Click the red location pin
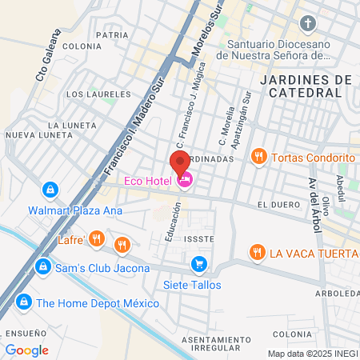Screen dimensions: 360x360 coord(180,162)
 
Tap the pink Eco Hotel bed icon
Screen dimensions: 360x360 coord(186,182)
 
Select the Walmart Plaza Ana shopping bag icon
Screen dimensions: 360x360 coord(50,190)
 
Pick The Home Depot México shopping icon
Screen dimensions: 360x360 coord(24,302)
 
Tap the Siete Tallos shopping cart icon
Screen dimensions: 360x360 coord(198,264)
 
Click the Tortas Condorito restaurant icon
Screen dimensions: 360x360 coord(258,157)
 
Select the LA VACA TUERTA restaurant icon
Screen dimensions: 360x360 coord(256,253)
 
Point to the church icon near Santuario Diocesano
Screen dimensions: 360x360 coord(309,24)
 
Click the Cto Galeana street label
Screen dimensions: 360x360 coord(48,56)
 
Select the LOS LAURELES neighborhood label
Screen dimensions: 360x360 coord(88,94)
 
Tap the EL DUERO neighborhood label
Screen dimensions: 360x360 coord(278,205)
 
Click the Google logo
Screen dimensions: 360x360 coord(27,350)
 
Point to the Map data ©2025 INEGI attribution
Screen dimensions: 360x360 coord(311,354)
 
